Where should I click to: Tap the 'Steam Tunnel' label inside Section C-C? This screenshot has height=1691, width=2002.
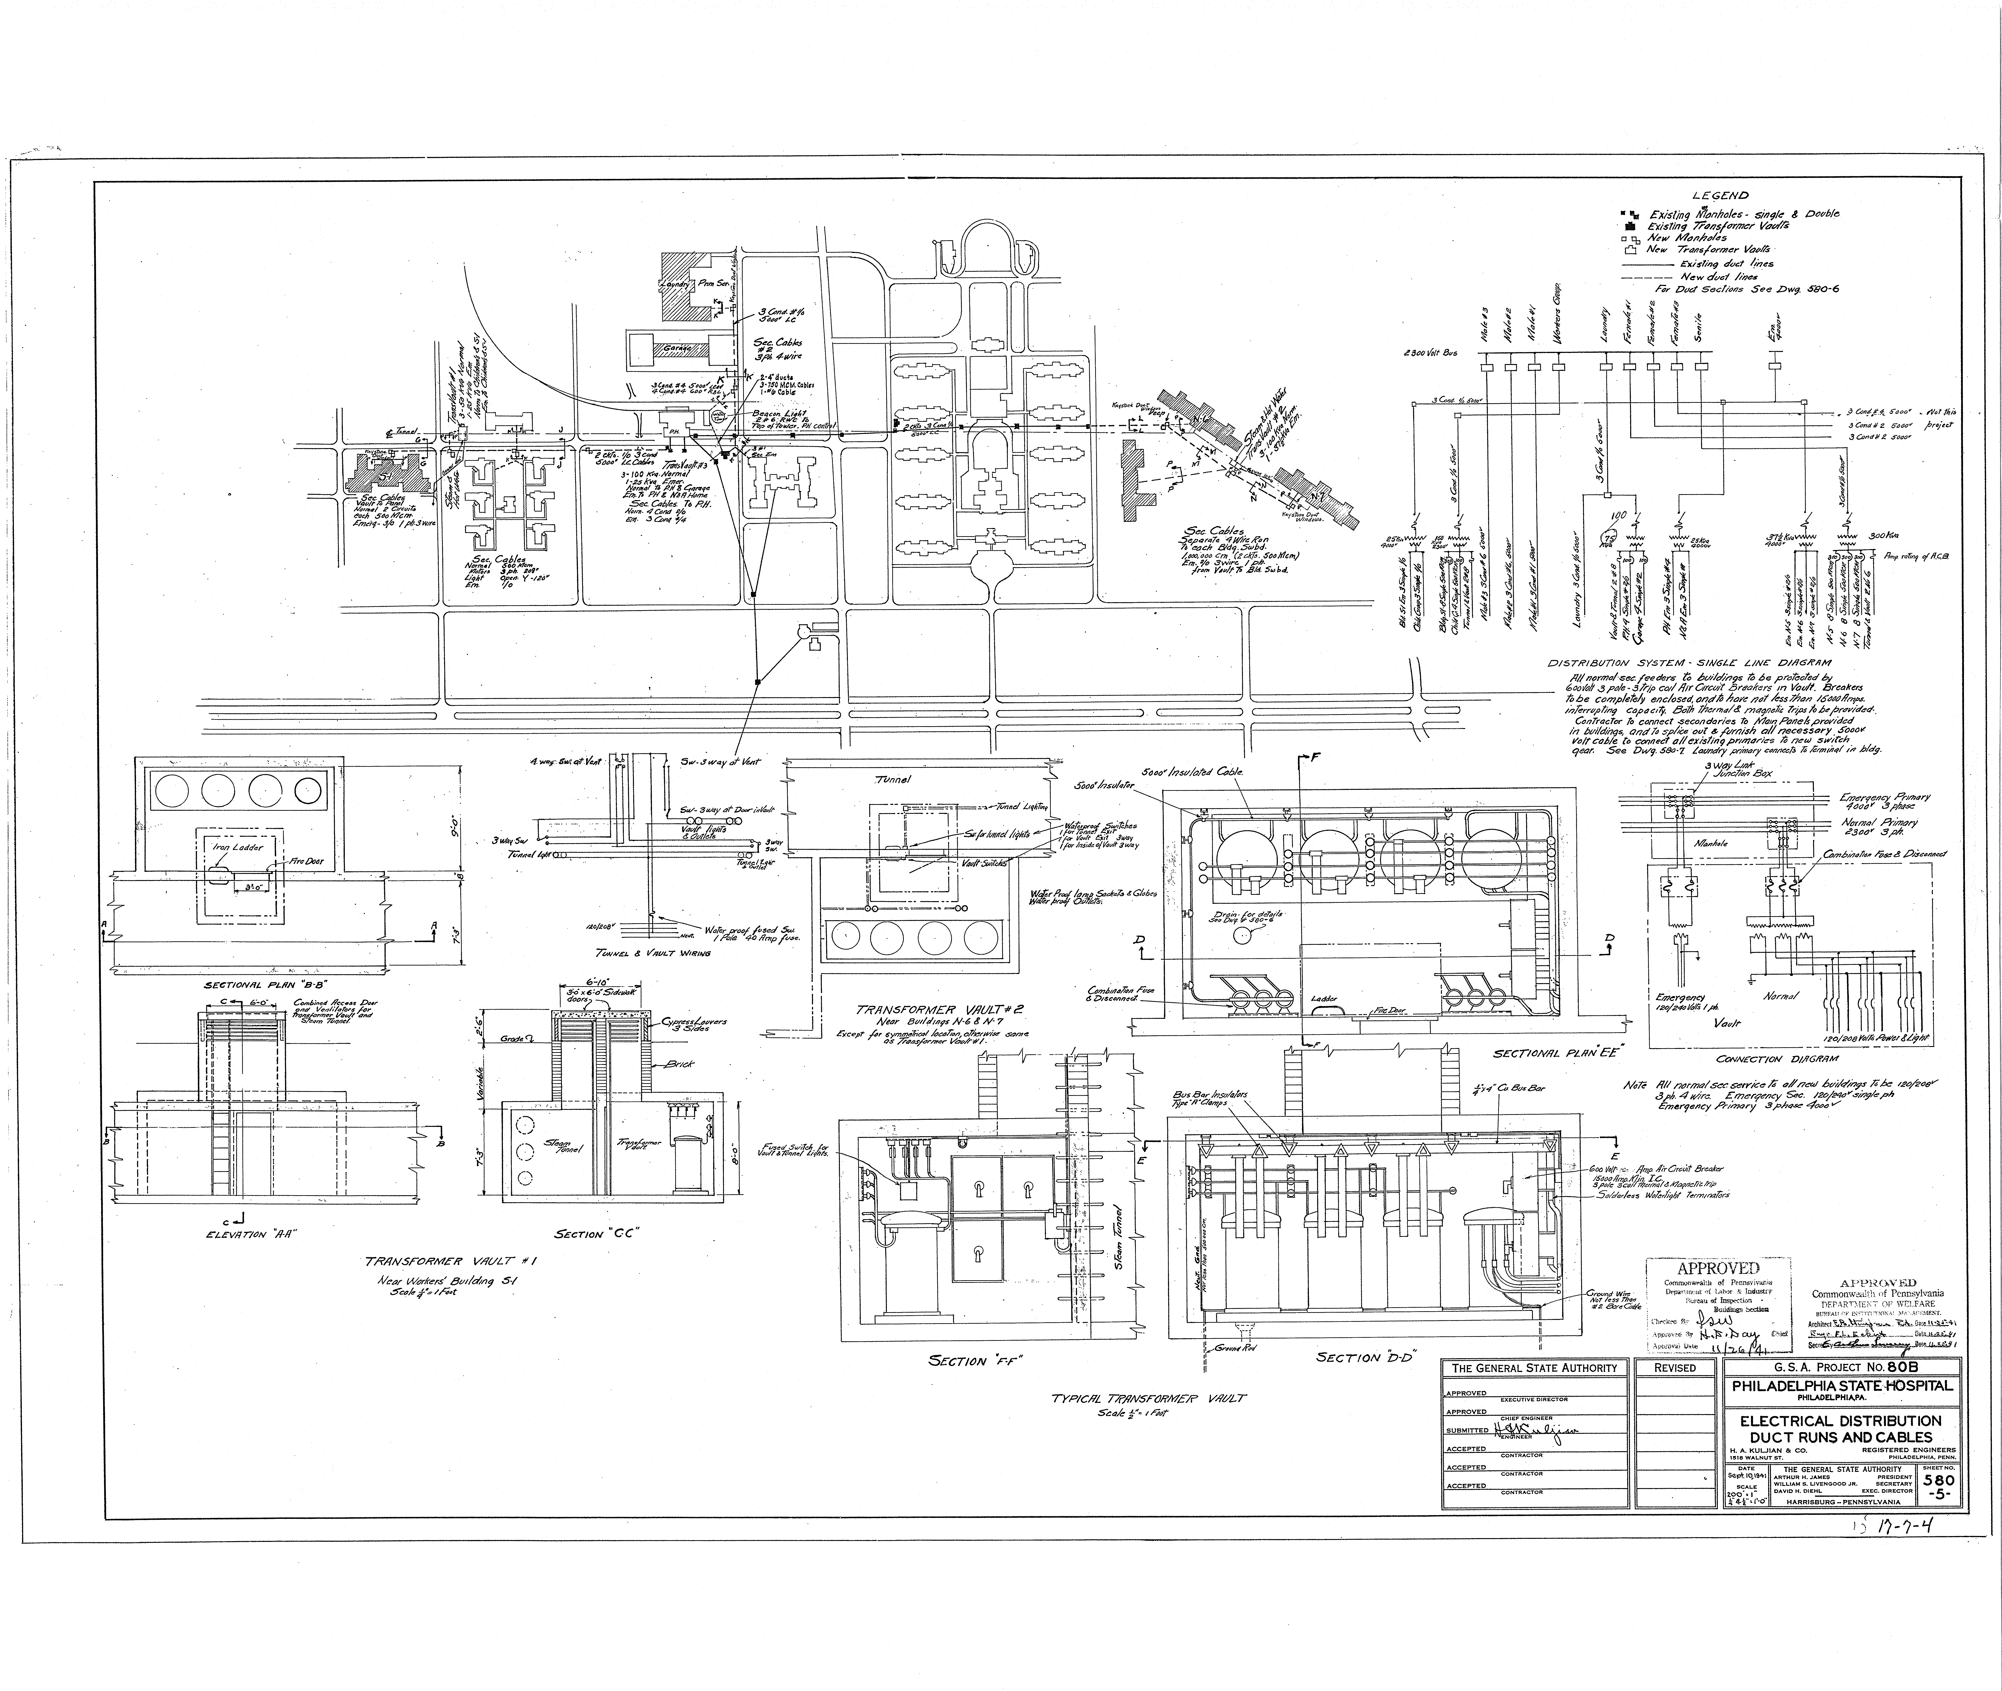pyautogui.click(x=557, y=1146)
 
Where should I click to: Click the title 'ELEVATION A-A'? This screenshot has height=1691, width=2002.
pyautogui.click(x=249, y=1235)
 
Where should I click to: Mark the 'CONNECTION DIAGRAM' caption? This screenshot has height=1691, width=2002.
pyautogui.click(x=1762, y=1059)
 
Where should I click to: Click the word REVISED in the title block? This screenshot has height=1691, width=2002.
pyautogui.click(x=1675, y=1368)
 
